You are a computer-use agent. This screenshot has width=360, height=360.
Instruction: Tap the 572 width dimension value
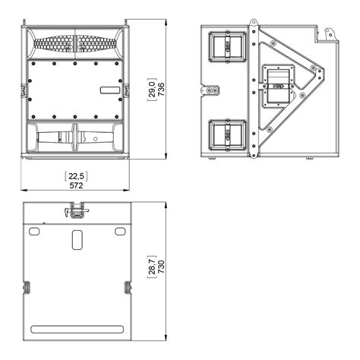click(x=76, y=185)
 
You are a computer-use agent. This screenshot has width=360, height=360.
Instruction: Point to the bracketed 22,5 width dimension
click(x=76, y=175)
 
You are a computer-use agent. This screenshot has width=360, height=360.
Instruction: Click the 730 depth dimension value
click(x=161, y=268)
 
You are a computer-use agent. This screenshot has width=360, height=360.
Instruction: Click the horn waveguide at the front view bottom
click(x=76, y=140)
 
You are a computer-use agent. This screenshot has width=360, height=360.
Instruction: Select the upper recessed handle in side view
click(x=227, y=48)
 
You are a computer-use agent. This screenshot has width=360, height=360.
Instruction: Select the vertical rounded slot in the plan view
click(x=76, y=241)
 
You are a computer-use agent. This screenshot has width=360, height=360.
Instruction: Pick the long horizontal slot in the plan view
click(x=76, y=328)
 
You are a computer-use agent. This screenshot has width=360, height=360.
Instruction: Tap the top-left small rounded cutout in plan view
click(x=33, y=229)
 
